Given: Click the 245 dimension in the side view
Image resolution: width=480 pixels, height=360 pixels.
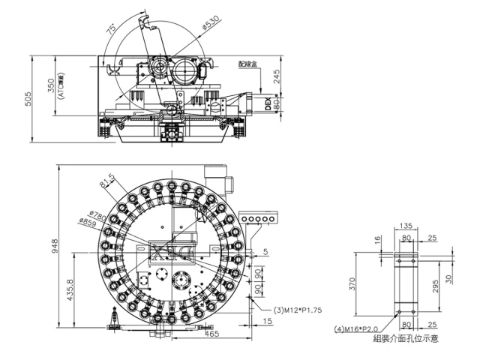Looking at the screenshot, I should [276, 76].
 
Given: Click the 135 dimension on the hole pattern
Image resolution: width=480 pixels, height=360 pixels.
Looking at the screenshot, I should [407, 225].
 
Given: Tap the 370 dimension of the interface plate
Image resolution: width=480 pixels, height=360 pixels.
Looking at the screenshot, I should [359, 283].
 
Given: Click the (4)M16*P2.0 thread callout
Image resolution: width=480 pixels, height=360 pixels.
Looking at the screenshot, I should [357, 328].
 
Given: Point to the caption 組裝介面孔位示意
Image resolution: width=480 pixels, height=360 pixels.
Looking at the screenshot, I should [406, 339].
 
